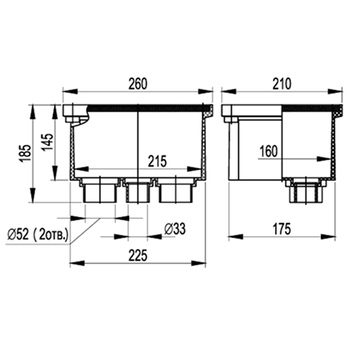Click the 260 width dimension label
tap(138, 84)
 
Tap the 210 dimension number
tap(282, 84)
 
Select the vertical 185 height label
tap(26, 153)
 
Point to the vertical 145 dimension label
tap(48, 142)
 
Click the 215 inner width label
tap(157, 161)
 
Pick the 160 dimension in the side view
tap(269, 151)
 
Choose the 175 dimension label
tap(282, 229)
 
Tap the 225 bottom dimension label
tap(138, 255)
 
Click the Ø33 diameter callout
tap(175, 229)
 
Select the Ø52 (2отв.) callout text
tap(37, 234)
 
